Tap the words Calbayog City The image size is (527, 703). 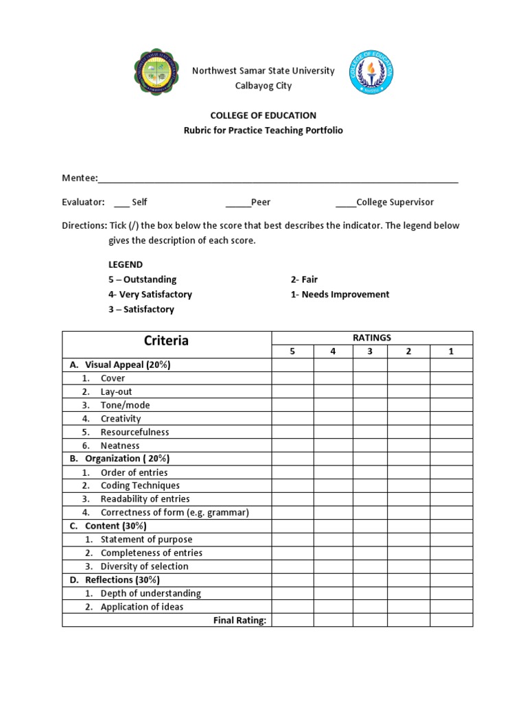pos(263,86)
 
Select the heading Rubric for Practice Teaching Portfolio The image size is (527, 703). pos(263,130)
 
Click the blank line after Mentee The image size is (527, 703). pos(278,180)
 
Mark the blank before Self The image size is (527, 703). pos(121,203)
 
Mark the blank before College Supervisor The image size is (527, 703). pos(345,203)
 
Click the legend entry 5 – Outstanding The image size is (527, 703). pos(142,279)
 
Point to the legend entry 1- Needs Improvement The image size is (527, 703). pos(340,295)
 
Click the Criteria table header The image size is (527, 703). pos(166,341)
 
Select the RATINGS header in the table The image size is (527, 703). pos(372,337)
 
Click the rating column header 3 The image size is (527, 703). pos(371,351)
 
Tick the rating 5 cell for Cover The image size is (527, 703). pos(292,378)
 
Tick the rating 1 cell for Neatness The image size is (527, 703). pos(452,446)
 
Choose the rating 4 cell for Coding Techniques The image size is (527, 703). pos(333,485)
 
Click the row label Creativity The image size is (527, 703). pos(120,419)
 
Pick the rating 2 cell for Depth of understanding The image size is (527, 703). pos(408,593)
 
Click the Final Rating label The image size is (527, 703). pos(239,621)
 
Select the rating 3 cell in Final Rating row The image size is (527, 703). pos(371,621)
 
